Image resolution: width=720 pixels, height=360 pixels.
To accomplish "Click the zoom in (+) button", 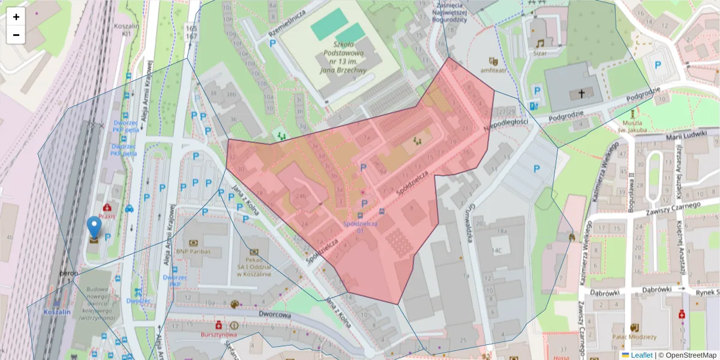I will [16, 17].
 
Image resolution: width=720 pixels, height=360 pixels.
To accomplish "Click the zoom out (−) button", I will [16, 35].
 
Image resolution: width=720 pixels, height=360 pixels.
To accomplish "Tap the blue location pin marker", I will [94, 228].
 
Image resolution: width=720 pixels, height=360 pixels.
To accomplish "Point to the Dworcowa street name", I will [275, 313].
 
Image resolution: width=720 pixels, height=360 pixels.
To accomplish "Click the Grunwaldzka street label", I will [466, 221].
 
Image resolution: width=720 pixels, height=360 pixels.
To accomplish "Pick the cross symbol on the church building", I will [581, 94].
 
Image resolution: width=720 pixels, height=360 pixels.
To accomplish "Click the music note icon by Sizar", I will [540, 43].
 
